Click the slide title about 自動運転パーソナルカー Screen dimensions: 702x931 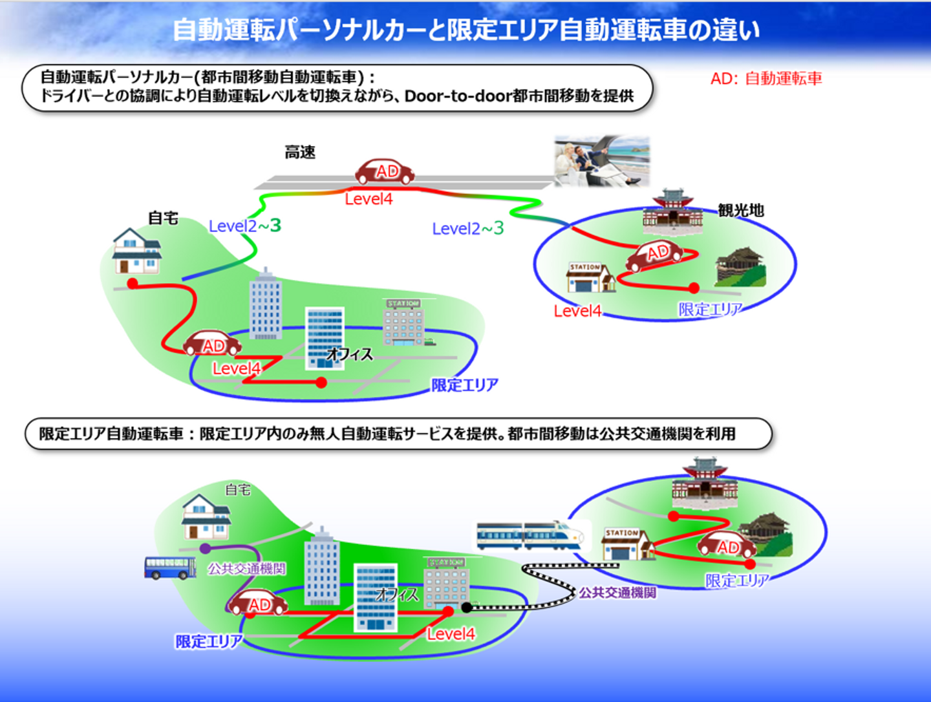click(x=465, y=30)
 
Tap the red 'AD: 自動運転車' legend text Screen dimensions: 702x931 click(x=766, y=79)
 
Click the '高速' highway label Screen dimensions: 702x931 click(x=300, y=153)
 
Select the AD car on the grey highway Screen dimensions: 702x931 click(x=385, y=171)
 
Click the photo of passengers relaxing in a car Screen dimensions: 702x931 click(x=602, y=161)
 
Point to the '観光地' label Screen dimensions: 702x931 click(x=741, y=210)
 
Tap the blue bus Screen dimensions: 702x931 click(x=170, y=568)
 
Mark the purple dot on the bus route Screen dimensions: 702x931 click(x=206, y=549)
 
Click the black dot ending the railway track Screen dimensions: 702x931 click(x=466, y=607)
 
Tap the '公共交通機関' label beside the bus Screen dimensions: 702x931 click(x=246, y=569)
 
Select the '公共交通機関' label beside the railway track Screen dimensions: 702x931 click(x=617, y=592)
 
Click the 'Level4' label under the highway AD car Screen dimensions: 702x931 click(x=369, y=199)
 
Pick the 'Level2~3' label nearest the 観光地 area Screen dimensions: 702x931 click(x=467, y=228)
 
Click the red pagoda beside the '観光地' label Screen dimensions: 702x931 click(x=672, y=211)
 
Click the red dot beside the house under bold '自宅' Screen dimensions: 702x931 click(x=133, y=283)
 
